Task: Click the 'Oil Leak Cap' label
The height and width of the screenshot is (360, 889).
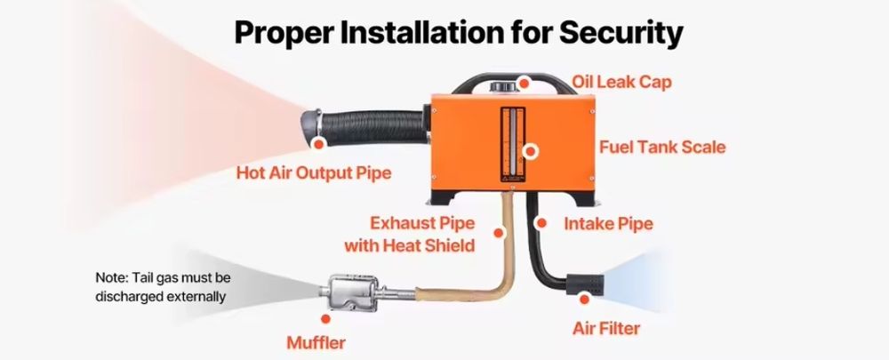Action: click(x=621, y=82)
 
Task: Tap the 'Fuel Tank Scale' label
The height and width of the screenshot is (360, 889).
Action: click(x=662, y=148)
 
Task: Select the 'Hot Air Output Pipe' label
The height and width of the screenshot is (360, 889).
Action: click(x=314, y=172)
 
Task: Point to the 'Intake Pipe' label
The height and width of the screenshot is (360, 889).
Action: click(x=608, y=224)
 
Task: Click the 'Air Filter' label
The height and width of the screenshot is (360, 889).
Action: click(x=606, y=328)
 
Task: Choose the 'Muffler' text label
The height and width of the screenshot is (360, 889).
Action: click(x=316, y=343)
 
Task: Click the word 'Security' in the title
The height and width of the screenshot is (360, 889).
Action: click(x=621, y=33)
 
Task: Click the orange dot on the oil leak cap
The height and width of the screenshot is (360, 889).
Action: click(x=525, y=84)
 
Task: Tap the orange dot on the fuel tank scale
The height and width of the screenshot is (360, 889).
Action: click(x=531, y=151)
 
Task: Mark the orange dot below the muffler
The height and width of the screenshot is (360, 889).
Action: click(x=325, y=319)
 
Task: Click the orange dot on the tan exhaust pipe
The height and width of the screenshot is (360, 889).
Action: click(x=499, y=232)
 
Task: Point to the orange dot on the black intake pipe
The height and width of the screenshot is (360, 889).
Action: click(x=541, y=223)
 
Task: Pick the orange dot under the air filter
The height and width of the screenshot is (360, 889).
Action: click(x=585, y=299)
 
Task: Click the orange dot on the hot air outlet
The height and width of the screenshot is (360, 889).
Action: click(x=318, y=145)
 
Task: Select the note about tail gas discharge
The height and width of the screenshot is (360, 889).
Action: click(x=164, y=287)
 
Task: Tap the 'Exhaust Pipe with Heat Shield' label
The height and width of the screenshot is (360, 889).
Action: click(x=409, y=234)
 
